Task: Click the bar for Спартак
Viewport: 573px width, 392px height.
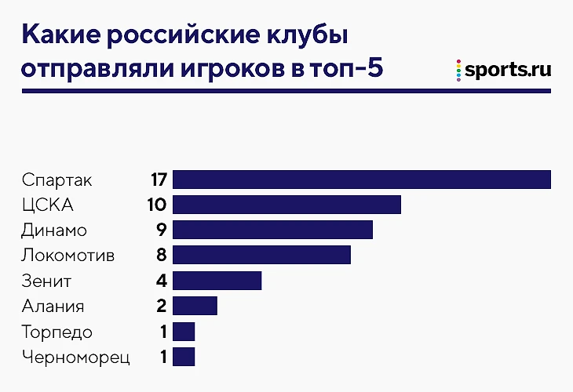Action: [x=361, y=180]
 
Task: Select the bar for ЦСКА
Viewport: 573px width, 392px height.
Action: [x=286, y=205]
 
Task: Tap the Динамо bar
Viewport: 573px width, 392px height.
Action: [x=272, y=230]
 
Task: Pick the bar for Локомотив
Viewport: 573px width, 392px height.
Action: [x=261, y=256]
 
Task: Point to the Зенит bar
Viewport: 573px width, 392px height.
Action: [x=217, y=281]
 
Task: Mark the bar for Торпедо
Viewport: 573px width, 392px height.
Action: [x=184, y=332]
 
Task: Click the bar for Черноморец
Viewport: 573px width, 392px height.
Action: [x=184, y=358]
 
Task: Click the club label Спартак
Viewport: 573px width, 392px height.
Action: [x=58, y=180]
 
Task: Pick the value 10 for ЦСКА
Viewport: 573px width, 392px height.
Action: [x=156, y=205]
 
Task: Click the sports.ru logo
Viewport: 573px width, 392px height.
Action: [x=503, y=69]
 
